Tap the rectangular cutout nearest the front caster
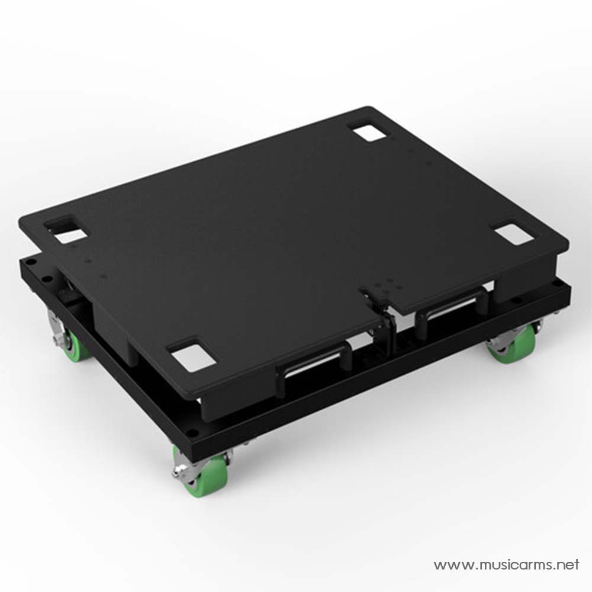(x=192, y=355)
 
